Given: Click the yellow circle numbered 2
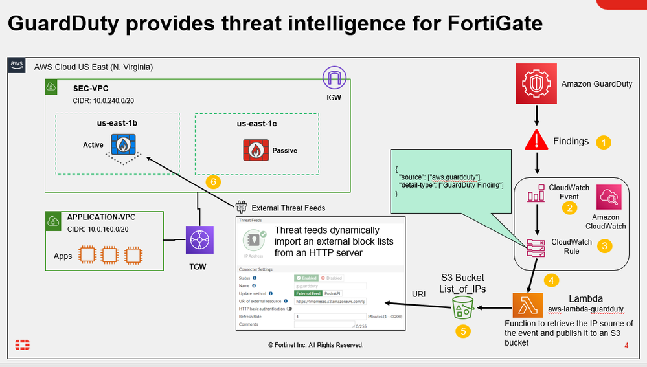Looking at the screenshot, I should pos(570,208).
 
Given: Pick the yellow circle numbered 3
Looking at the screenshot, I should pos(603,246).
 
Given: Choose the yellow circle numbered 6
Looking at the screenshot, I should pos(212,182).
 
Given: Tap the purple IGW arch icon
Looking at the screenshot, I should pos(335,80).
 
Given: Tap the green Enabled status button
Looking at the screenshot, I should pos(303,277).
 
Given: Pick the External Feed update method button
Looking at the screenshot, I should pos(308,293).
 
